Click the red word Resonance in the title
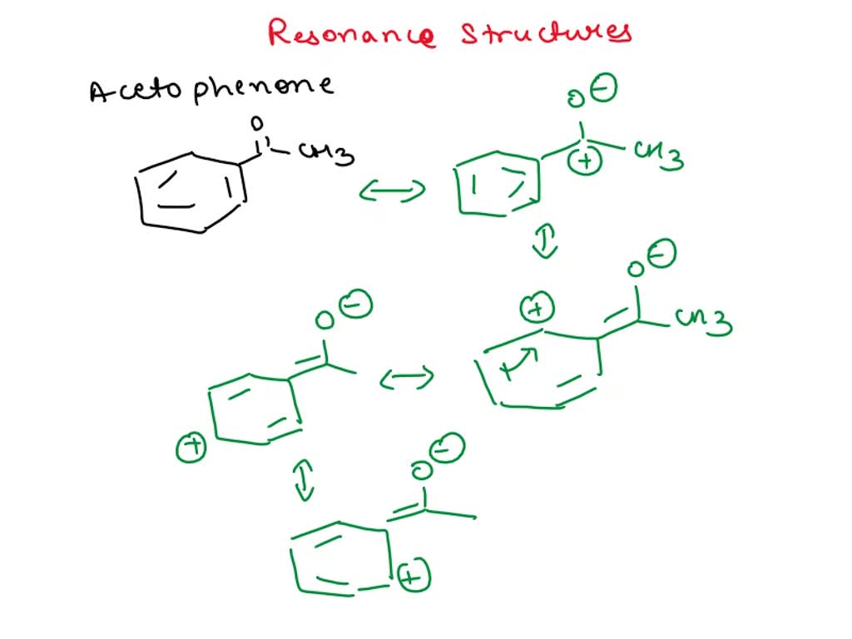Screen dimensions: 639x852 tap(351, 33)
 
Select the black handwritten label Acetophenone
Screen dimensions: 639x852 tap(211, 87)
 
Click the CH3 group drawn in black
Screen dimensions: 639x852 tap(327, 155)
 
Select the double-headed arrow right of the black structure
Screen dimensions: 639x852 tap(392, 191)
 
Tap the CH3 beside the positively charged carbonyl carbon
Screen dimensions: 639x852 tap(659, 154)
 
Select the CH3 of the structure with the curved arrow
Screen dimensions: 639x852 tap(704, 321)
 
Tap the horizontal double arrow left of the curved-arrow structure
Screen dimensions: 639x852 tap(407, 379)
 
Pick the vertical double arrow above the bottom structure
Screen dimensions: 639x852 tap(305, 481)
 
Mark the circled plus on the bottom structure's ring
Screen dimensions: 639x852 tap(414, 576)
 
